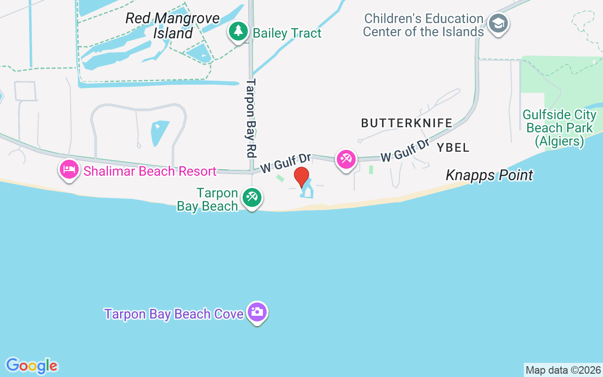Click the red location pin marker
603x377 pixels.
coord(301,177)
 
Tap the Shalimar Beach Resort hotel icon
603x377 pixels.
coord(69,170)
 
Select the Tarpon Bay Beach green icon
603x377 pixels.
coord(252,198)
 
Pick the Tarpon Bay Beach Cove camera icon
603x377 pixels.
coord(257,312)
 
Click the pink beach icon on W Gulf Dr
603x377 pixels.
coord(346,159)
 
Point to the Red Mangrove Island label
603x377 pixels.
coord(172,26)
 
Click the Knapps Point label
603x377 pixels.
coord(489,175)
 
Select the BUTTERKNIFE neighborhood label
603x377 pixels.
coord(407,123)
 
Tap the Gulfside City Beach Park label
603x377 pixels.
coord(560,128)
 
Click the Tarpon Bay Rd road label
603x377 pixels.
coord(251,118)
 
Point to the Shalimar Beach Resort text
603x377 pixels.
coord(150,171)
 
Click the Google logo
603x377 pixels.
coord(32,366)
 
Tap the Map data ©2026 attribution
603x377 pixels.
coord(563,370)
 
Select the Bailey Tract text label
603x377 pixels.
coord(287,33)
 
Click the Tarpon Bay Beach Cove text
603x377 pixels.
coord(174,314)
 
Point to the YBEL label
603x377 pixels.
coord(453,148)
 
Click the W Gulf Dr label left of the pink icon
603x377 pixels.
coord(285,162)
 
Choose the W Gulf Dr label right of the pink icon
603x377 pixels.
coord(405,150)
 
